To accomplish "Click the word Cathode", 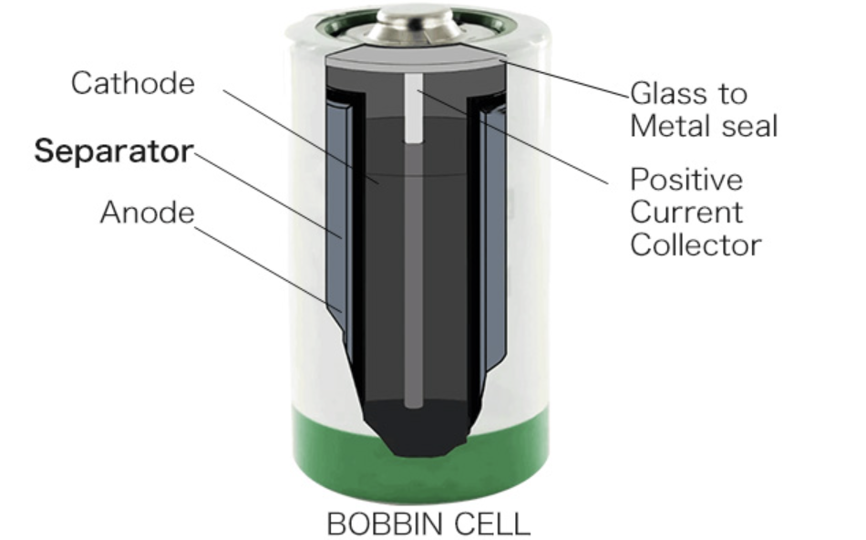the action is point(133,83).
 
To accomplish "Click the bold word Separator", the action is point(114,151).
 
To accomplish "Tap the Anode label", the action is point(148,213).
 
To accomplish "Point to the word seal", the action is point(750,126).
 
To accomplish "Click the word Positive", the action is point(686,179).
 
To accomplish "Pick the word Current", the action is point(686,212).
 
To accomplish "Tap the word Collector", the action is point(696,244).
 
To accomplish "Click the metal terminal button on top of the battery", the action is point(414,25).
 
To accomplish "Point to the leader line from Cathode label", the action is point(301,136).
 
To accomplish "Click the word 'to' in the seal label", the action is point(733,94).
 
